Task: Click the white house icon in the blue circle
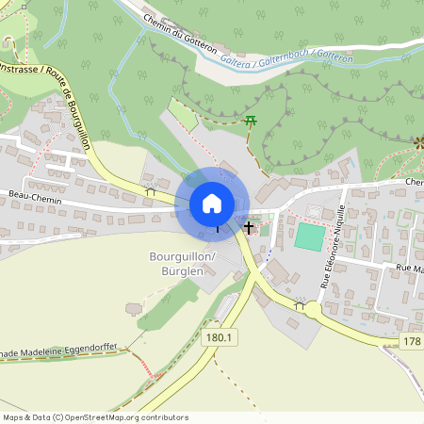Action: (x=212, y=204)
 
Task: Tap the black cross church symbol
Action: (x=250, y=227)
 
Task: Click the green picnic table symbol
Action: (x=250, y=121)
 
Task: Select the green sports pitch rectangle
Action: (x=308, y=236)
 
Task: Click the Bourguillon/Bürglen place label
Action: (x=183, y=263)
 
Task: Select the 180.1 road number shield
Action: (x=220, y=336)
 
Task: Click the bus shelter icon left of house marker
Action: (x=150, y=191)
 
